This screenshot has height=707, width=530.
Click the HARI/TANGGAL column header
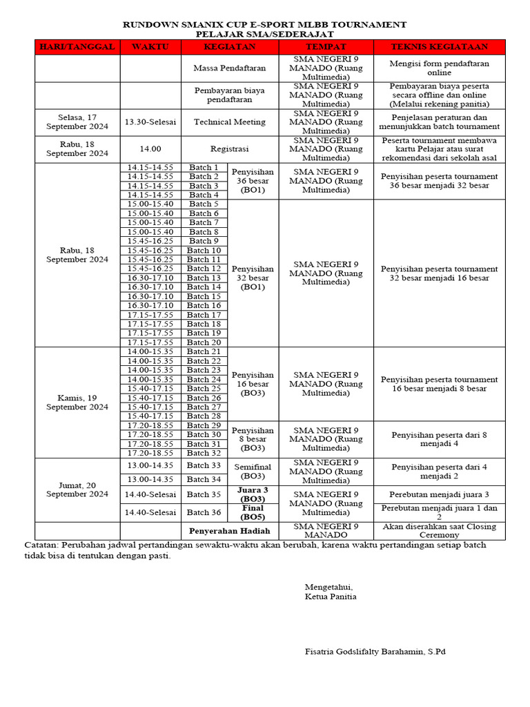pyautogui.click(x=77, y=47)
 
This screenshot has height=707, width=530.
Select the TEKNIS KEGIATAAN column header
pyautogui.click(x=440, y=47)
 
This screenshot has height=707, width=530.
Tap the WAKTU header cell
pyautogui.click(x=150, y=47)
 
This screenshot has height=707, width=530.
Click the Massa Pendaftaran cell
pyautogui.click(x=229, y=69)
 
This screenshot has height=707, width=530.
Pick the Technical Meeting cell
pyautogui.click(x=229, y=122)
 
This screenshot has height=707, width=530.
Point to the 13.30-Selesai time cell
pyautogui.click(x=150, y=122)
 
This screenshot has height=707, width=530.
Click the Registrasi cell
pyautogui.click(x=229, y=148)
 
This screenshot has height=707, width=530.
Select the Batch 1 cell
pyautogui.click(x=204, y=168)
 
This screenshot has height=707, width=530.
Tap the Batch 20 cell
pyautogui.click(x=204, y=342)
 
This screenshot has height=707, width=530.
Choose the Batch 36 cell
pyautogui.click(x=204, y=512)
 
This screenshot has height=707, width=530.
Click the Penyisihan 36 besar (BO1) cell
pyautogui.click(x=253, y=181)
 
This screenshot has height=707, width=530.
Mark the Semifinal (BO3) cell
pyautogui.click(x=253, y=472)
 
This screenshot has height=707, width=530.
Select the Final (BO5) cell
pyautogui.click(x=253, y=512)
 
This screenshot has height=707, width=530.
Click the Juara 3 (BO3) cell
pyautogui.click(x=253, y=494)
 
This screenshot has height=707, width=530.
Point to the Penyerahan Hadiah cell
pyautogui.click(x=229, y=531)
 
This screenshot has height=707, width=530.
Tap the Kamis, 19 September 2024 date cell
pyautogui.click(x=77, y=402)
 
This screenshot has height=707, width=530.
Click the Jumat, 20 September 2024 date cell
pyautogui.click(x=77, y=490)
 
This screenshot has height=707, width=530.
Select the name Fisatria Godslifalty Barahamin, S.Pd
pyautogui.click(x=375, y=651)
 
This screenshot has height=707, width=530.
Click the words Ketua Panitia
pyautogui.click(x=331, y=597)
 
